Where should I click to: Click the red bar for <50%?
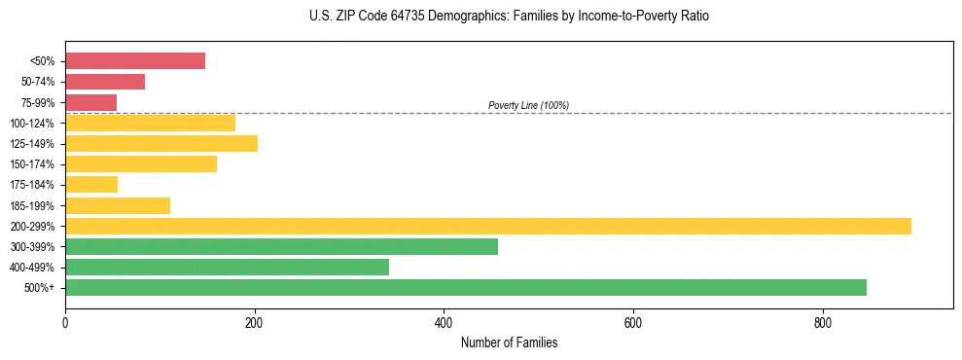point(135,61)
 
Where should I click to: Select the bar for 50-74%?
point(105,82)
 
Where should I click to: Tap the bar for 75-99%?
point(90,102)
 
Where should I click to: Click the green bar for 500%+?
point(466,287)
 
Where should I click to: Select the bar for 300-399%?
point(281,246)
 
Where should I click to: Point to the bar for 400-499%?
point(227,267)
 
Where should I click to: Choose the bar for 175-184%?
point(91,185)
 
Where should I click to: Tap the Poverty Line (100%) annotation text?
point(528,105)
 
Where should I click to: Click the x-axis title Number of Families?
point(509,342)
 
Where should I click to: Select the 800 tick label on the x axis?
point(823,322)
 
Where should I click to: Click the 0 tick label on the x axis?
point(65,322)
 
